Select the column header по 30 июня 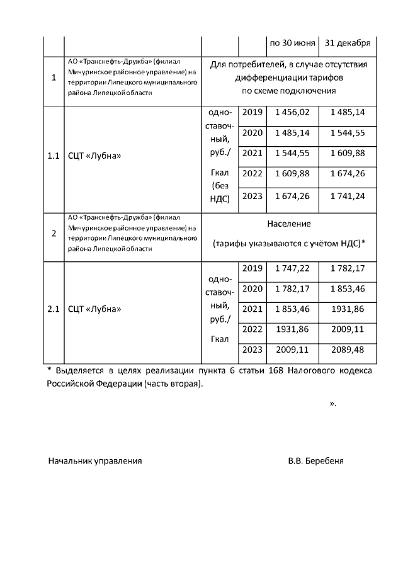[x=292, y=43]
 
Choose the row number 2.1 [x=54, y=309]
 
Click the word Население [x=289, y=224]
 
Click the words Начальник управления [x=95, y=461]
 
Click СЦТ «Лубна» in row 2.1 [x=94, y=309]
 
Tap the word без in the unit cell [x=219, y=186]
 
